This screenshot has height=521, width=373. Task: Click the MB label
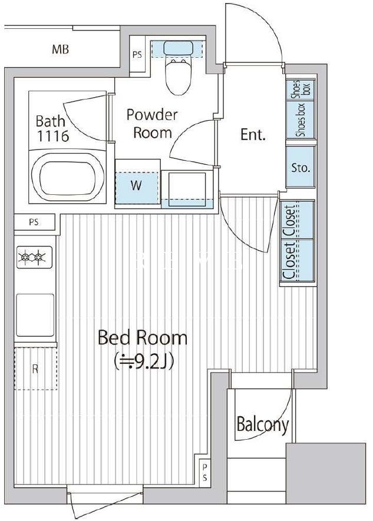(x=61, y=49)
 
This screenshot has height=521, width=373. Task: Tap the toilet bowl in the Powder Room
(x=177, y=76)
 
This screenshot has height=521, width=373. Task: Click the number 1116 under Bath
(x=52, y=136)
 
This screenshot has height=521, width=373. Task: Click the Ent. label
(x=253, y=135)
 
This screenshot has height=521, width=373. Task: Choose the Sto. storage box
(x=301, y=167)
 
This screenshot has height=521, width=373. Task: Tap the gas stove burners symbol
(x=34, y=257)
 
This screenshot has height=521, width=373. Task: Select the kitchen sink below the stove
(x=35, y=315)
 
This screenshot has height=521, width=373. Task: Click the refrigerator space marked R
(x=35, y=369)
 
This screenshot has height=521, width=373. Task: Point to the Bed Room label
(x=143, y=337)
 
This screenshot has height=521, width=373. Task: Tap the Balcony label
(x=262, y=424)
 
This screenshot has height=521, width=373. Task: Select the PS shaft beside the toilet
(x=137, y=54)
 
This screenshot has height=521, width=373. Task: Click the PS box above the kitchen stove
(x=34, y=223)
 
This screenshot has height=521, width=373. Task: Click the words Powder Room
(x=153, y=124)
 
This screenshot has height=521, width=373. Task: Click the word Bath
(x=50, y=121)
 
